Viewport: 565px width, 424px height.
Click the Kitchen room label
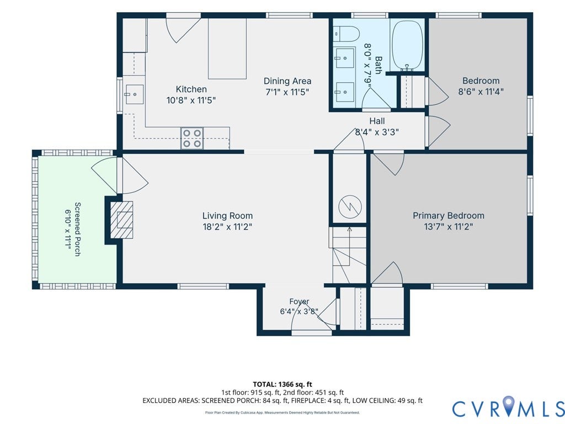tap(191, 89)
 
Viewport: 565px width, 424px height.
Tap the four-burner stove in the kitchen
tap(192, 138)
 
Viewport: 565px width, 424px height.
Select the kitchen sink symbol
tap(134, 94)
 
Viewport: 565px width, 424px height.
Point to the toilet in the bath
tap(347, 35)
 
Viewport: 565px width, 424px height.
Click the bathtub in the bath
tap(407, 45)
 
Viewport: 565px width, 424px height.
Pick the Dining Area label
tap(287, 81)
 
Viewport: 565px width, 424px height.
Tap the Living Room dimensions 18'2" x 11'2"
tap(227, 227)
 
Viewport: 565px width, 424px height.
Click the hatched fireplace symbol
tap(121, 220)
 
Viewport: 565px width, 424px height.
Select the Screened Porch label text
tap(77, 229)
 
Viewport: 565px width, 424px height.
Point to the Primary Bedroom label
tap(448, 216)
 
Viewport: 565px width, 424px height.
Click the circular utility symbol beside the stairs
tap(349, 206)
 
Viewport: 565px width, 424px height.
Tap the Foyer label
tap(299, 301)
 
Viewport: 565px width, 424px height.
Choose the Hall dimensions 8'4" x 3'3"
tap(377, 132)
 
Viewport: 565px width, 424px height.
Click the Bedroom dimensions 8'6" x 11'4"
tap(481, 92)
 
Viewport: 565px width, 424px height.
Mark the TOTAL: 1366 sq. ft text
tap(282, 384)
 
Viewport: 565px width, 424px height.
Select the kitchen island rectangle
tap(227, 49)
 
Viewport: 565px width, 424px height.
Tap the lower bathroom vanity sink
tap(345, 92)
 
